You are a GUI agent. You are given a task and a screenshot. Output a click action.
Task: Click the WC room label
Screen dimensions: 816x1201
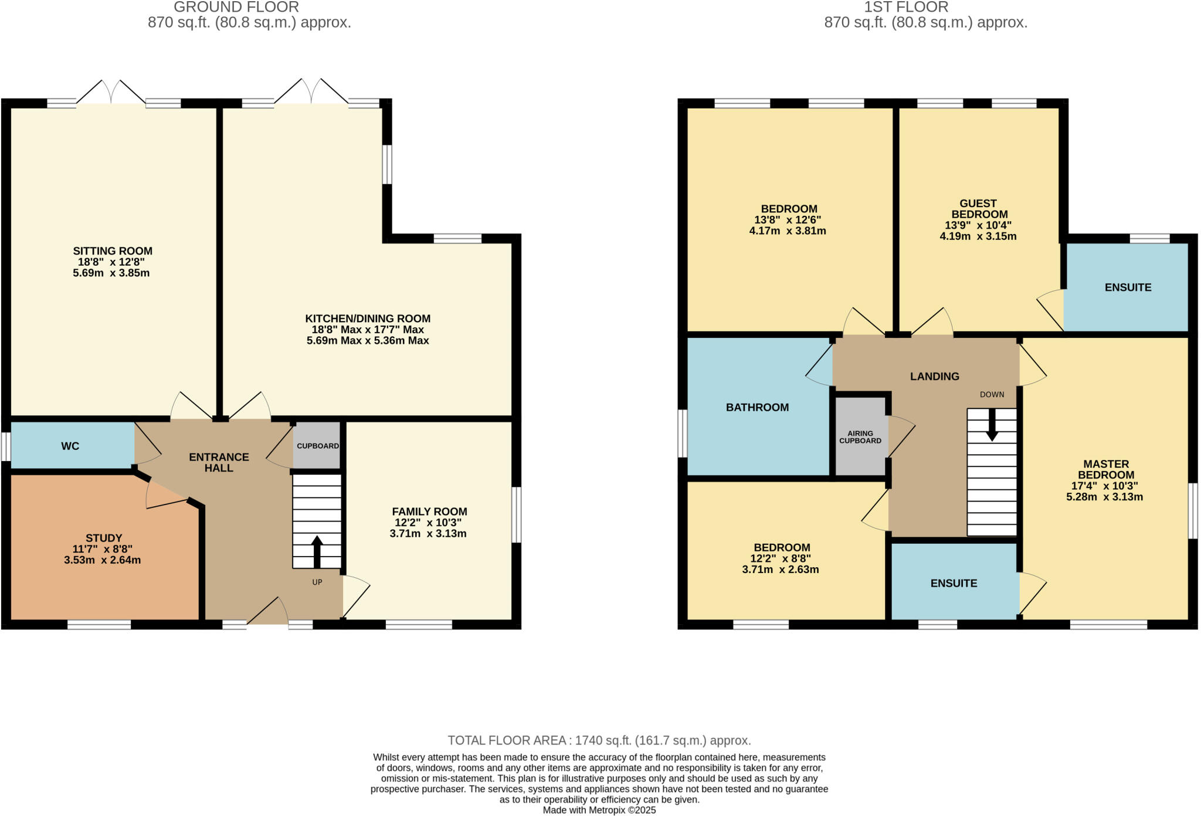point(70,446)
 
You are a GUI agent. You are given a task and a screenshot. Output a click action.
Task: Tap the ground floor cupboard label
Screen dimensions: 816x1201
point(317,446)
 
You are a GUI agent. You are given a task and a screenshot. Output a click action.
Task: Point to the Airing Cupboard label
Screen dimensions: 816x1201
point(860,437)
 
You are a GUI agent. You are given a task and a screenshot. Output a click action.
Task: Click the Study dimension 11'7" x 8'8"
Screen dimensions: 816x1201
point(103,549)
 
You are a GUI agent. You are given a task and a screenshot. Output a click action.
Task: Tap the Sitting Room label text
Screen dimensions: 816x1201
point(113,251)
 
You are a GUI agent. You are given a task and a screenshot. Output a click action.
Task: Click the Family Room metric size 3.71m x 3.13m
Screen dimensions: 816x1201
point(428,534)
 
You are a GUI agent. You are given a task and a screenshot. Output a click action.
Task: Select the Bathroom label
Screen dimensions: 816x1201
point(757,407)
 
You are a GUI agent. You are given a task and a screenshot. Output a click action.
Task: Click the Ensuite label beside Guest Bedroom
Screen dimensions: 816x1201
point(1128,287)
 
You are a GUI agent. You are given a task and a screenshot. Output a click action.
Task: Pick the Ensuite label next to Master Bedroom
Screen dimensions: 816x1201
point(954,583)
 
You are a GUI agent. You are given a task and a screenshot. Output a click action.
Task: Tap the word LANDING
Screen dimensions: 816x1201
point(934,377)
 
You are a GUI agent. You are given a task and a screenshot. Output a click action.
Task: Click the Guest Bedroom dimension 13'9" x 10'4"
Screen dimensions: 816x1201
point(978,225)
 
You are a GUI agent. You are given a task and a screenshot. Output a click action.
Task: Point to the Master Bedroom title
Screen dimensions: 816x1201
point(1105,469)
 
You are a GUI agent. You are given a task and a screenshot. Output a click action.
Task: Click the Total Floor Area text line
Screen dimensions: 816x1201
point(599,740)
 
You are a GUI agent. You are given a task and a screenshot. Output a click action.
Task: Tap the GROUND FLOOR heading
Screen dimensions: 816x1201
point(236,8)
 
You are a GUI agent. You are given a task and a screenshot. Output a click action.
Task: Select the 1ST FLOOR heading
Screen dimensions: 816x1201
point(905,8)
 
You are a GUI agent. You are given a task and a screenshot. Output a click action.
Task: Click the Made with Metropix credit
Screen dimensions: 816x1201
point(599,810)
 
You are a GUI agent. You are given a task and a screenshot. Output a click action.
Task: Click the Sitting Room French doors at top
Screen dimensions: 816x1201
point(111,93)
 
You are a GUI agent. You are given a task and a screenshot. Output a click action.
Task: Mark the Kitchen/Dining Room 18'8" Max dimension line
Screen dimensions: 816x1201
point(368,330)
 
